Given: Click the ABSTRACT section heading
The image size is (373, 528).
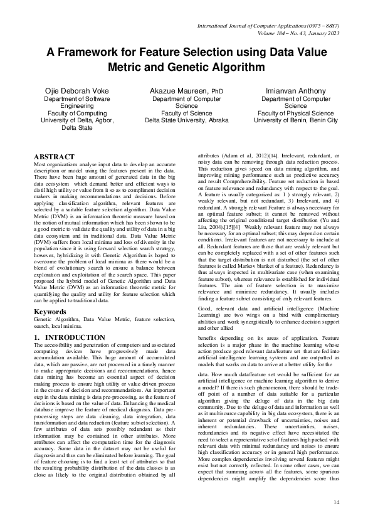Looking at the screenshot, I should (54, 156).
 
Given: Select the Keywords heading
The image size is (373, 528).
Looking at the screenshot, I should (51, 311).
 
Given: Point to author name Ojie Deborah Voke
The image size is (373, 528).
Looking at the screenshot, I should (75, 92).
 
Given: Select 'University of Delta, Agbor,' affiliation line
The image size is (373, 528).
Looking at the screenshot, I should (75, 120).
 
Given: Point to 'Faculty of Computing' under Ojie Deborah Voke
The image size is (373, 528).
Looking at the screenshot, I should (75, 113).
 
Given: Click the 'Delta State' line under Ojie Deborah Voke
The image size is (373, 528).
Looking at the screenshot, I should (75, 127).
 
